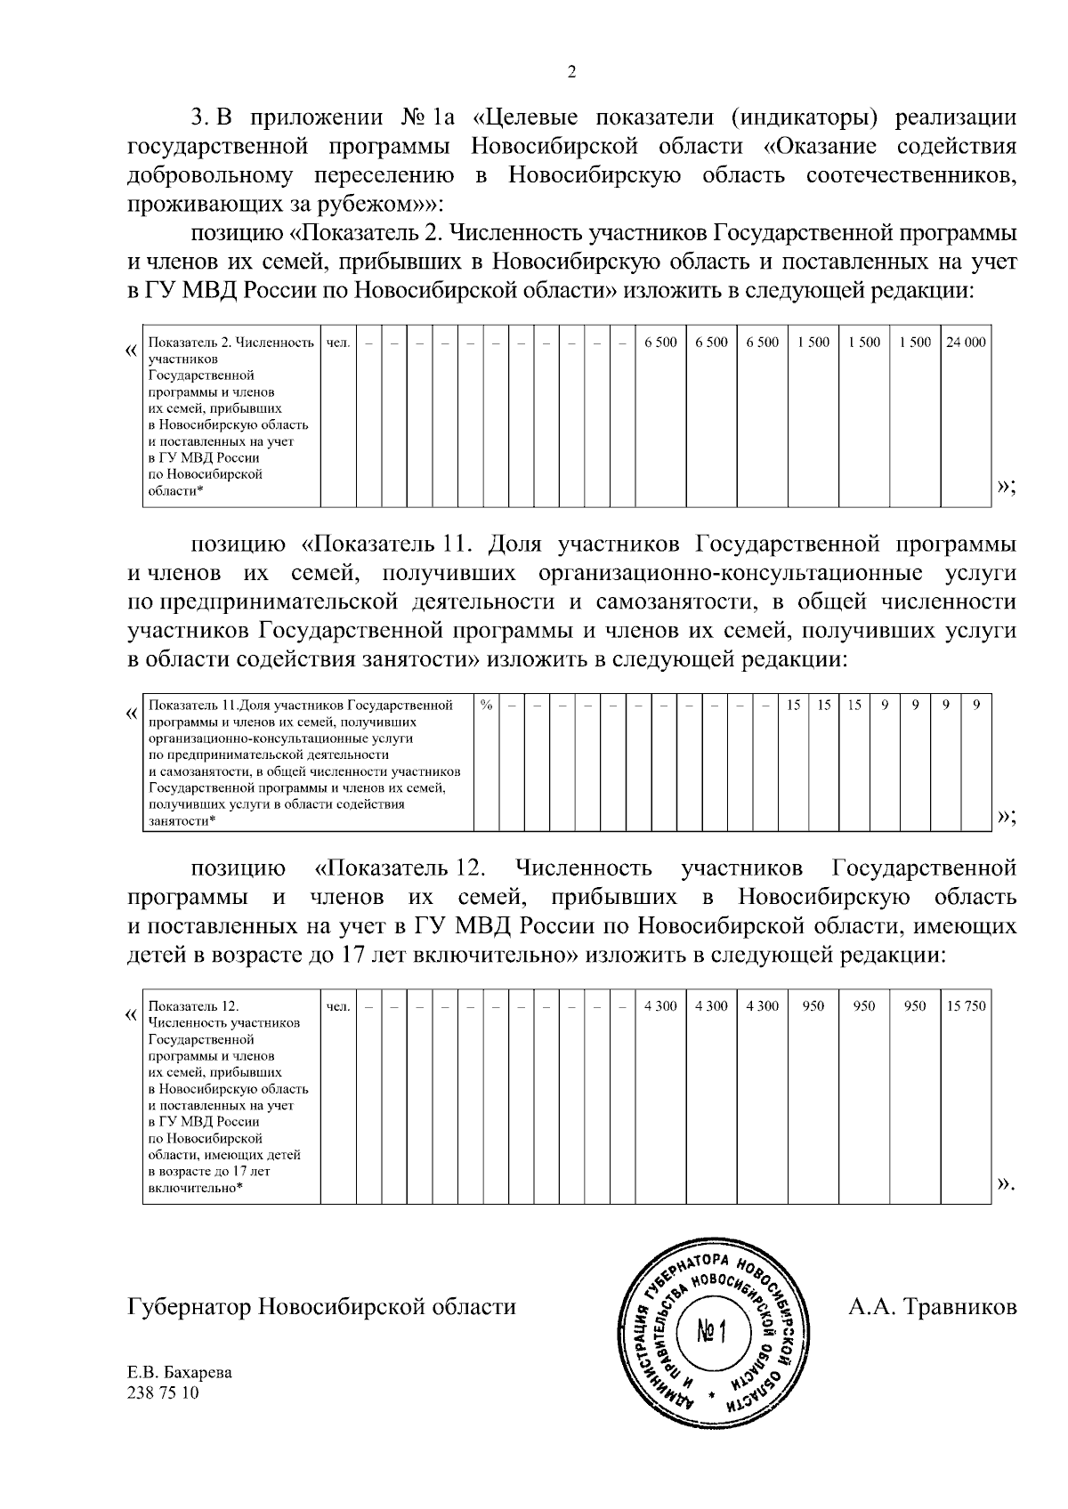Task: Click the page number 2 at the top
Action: (571, 73)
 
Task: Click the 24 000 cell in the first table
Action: (966, 343)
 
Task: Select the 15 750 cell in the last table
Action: (966, 1006)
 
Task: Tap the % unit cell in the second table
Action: (486, 706)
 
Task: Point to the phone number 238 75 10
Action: (165, 1392)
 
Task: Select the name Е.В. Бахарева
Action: (181, 1372)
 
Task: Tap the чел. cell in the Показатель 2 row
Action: (338, 343)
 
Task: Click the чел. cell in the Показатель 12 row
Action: (338, 1006)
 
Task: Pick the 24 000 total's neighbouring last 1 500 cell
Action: (915, 343)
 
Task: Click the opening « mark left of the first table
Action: (131, 349)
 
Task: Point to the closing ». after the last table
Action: (1006, 1184)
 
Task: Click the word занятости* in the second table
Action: (182, 821)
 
